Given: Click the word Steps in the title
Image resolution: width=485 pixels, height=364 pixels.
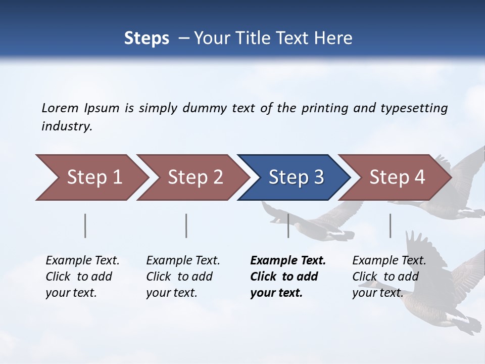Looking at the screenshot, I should (x=147, y=38).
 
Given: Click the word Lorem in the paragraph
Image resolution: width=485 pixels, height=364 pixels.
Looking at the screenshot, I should (x=60, y=108).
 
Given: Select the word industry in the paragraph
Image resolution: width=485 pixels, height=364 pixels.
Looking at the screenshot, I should (x=66, y=126).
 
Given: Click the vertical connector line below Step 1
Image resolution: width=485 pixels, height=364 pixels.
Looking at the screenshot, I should (x=85, y=225).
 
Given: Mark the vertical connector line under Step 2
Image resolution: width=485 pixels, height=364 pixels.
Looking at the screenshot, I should (x=186, y=225).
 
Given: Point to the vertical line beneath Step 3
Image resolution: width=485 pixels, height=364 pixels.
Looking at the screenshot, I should (x=288, y=225).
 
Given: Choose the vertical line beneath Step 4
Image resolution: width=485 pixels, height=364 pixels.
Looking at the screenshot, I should (x=390, y=225).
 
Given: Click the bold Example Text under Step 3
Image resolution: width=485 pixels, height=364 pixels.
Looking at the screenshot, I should (x=288, y=261).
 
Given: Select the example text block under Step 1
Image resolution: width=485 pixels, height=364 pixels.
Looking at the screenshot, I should (x=82, y=277).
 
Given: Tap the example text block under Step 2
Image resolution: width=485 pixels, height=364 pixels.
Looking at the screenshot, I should (x=183, y=277).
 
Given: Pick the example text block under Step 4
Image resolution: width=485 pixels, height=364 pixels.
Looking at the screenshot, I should (x=389, y=277).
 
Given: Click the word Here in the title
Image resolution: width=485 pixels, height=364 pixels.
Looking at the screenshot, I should (x=333, y=38).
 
